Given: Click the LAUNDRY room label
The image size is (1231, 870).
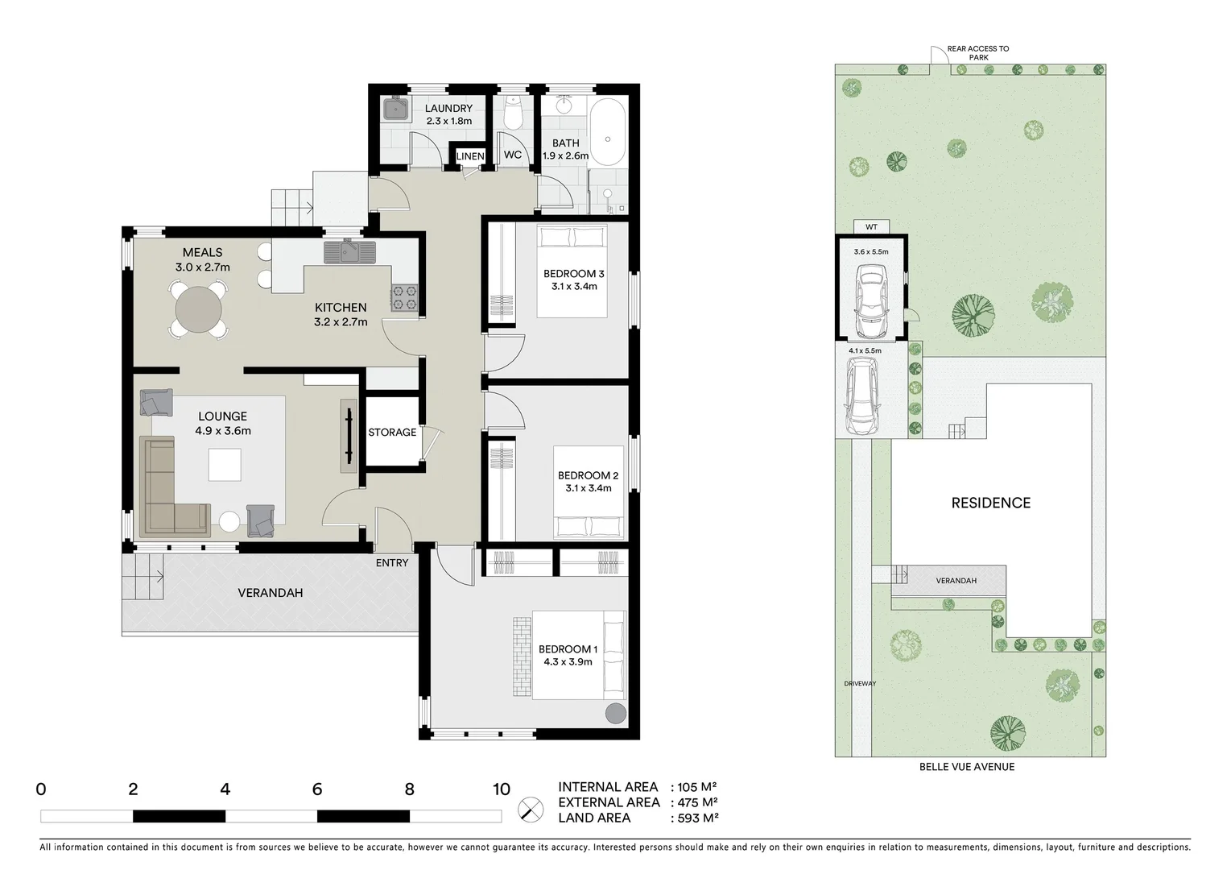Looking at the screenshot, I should coord(448,109).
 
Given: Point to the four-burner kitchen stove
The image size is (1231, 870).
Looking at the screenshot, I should coord(404,298).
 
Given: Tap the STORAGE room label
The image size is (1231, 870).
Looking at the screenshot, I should coord(392,433).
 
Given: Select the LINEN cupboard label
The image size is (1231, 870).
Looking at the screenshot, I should coord(470,156).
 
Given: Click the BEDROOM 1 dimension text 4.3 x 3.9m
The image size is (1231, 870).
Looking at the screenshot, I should coord(568,662).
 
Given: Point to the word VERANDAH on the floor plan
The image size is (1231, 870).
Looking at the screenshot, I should coord(271,593).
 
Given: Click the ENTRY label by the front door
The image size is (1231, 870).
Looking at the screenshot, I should coord(392,563).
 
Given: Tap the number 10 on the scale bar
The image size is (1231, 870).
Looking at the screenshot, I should coord(501,789).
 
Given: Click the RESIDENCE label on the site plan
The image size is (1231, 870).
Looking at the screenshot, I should coord(990,503).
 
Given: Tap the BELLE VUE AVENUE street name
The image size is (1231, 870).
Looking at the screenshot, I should coord(967,767).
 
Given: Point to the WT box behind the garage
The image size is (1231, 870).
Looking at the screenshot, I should coord(871,227).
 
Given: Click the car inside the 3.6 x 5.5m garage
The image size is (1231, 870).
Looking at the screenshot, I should coord(870,304).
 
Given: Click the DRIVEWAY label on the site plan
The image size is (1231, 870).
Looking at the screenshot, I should coord(860,684).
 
